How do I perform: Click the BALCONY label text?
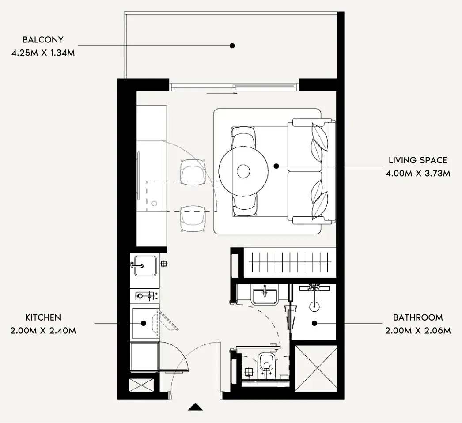click(43, 39)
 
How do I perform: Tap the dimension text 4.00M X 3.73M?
click(418, 173)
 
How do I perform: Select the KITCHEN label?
click(43, 317)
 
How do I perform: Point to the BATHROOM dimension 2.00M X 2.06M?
click(418, 331)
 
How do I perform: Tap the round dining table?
click(243, 171)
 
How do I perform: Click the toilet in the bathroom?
click(266, 363)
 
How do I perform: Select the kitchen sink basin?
click(145, 266)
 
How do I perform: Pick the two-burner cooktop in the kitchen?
click(145, 295)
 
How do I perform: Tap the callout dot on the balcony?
click(232, 45)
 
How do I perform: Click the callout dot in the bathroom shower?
click(314, 323)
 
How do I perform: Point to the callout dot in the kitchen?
click(144, 323)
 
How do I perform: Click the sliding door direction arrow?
click(222, 93)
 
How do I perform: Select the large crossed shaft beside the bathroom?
click(316, 369)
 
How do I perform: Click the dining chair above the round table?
click(243, 137)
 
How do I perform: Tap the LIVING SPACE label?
click(418, 160)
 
